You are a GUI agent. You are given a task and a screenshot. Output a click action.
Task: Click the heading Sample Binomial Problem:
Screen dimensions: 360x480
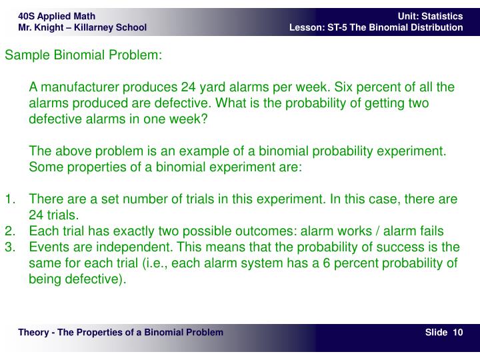[83, 55]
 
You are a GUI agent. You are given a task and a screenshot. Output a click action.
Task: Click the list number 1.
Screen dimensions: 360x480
[9, 199]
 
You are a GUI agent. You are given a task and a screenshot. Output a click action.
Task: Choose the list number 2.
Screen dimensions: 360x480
[9, 231]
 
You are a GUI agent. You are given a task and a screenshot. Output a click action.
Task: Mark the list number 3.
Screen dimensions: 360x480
[9, 247]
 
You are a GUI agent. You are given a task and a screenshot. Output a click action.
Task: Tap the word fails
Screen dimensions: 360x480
[430, 231]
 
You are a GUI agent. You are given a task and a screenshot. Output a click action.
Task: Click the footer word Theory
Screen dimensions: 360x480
[34, 332]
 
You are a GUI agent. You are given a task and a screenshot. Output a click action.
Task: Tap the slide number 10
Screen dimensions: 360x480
[458, 332]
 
